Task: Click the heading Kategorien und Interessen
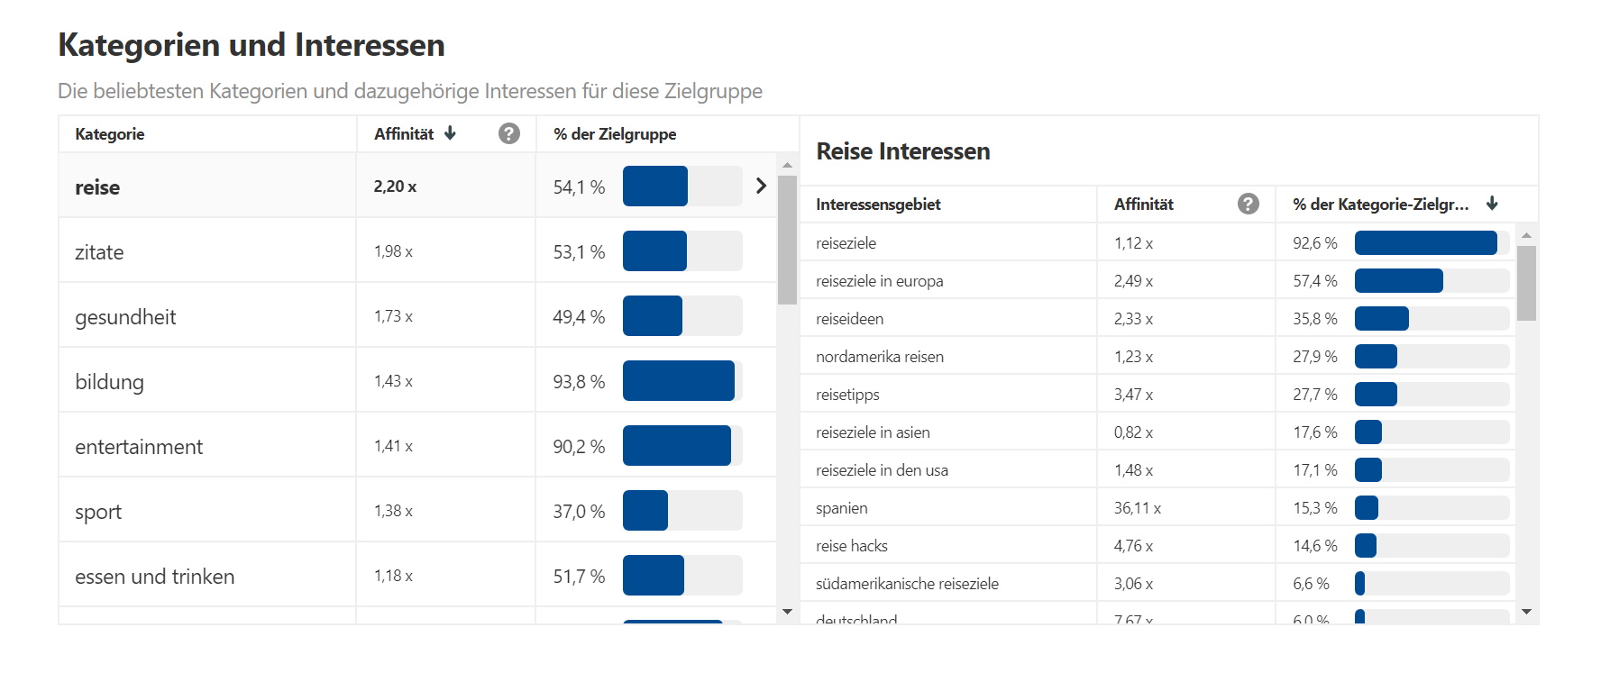[252, 45]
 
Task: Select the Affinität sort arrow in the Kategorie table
[450, 133]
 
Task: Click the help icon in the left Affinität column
[509, 133]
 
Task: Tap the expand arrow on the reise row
[761, 186]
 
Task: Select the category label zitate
[99, 252]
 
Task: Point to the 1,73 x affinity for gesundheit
[393, 316]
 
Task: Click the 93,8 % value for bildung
[579, 382]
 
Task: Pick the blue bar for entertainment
[676, 446]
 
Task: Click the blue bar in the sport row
[645, 511]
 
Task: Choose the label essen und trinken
[154, 577]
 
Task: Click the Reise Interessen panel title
[902, 151]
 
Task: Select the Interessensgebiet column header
[878, 205]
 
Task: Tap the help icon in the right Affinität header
[1249, 204]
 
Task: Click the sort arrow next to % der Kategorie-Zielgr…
[1492, 204]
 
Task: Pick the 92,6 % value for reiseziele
[1314, 243]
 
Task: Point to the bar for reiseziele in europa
[1398, 281]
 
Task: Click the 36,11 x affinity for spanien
[1137, 508]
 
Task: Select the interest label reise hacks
[851, 546]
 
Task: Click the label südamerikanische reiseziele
[907, 584]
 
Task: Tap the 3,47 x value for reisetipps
[1133, 395]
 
